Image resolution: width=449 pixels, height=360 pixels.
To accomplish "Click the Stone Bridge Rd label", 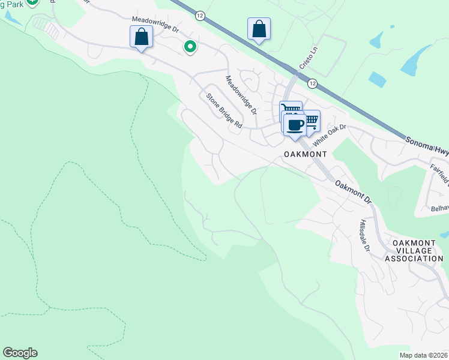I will click(223, 110).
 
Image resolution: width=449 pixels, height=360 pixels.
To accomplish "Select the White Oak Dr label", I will click(330, 133).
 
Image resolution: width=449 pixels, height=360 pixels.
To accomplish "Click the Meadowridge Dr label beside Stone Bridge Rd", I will click(241, 95).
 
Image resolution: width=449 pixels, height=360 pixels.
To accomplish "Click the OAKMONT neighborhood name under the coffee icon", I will click(306, 154).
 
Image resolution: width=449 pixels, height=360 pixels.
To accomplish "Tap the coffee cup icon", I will click(294, 124).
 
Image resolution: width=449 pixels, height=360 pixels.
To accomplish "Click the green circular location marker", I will click(190, 46).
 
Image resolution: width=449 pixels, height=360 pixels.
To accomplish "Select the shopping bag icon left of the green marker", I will click(141, 37).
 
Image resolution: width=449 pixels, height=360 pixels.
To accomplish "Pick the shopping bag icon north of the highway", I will click(259, 28).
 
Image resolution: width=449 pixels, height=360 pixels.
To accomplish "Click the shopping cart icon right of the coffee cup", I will click(311, 119).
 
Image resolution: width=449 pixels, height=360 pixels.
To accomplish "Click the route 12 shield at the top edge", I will click(200, 13).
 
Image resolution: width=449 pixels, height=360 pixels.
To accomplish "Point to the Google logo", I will click(20, 353).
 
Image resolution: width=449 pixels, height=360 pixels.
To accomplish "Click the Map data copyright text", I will click(423, 355).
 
